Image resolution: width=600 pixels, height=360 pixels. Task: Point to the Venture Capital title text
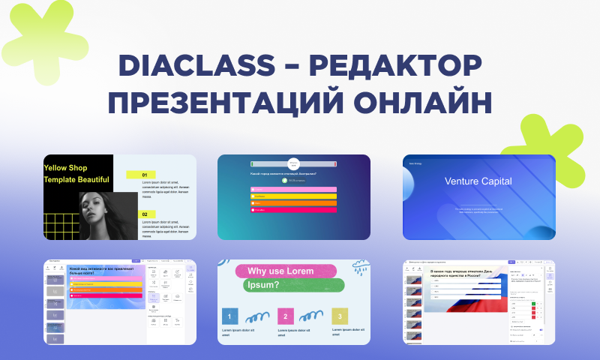point(478,181)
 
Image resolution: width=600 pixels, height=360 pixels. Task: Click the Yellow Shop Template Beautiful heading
point(76,173)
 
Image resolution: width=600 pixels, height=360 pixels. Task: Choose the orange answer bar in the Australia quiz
point(293,203)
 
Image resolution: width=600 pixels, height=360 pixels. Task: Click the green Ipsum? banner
point(294,286)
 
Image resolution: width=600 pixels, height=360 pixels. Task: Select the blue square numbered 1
point(230,316)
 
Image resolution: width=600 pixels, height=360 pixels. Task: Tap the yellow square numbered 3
point(340,316)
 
